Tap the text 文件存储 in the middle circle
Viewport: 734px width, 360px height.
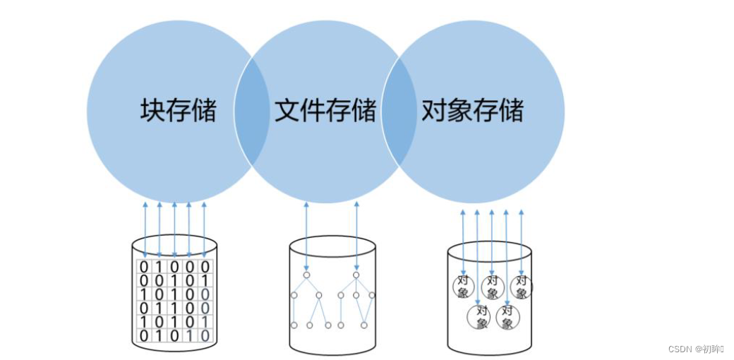[x=325, y=111]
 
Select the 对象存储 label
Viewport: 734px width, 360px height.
[x=472, y=111]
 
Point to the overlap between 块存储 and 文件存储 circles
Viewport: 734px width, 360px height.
[x=252, y=113]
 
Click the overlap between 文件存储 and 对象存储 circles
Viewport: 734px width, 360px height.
[x=399, y=113]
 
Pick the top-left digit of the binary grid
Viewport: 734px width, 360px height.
[x=145, y=267]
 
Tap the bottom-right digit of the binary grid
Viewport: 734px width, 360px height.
[x=205, y=336]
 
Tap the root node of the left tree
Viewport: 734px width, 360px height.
[x=306, y=275]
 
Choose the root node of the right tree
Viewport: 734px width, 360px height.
[x=356, y=275]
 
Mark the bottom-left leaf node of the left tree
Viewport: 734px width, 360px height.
[x=294, y=325]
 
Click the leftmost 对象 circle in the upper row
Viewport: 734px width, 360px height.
[x=464, y=287]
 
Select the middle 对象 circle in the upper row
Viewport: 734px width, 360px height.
[x=493, y=287]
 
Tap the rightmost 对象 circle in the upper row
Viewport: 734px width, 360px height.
[x=522, y=287]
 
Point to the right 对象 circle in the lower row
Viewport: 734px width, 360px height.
[x=507, y=316]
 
